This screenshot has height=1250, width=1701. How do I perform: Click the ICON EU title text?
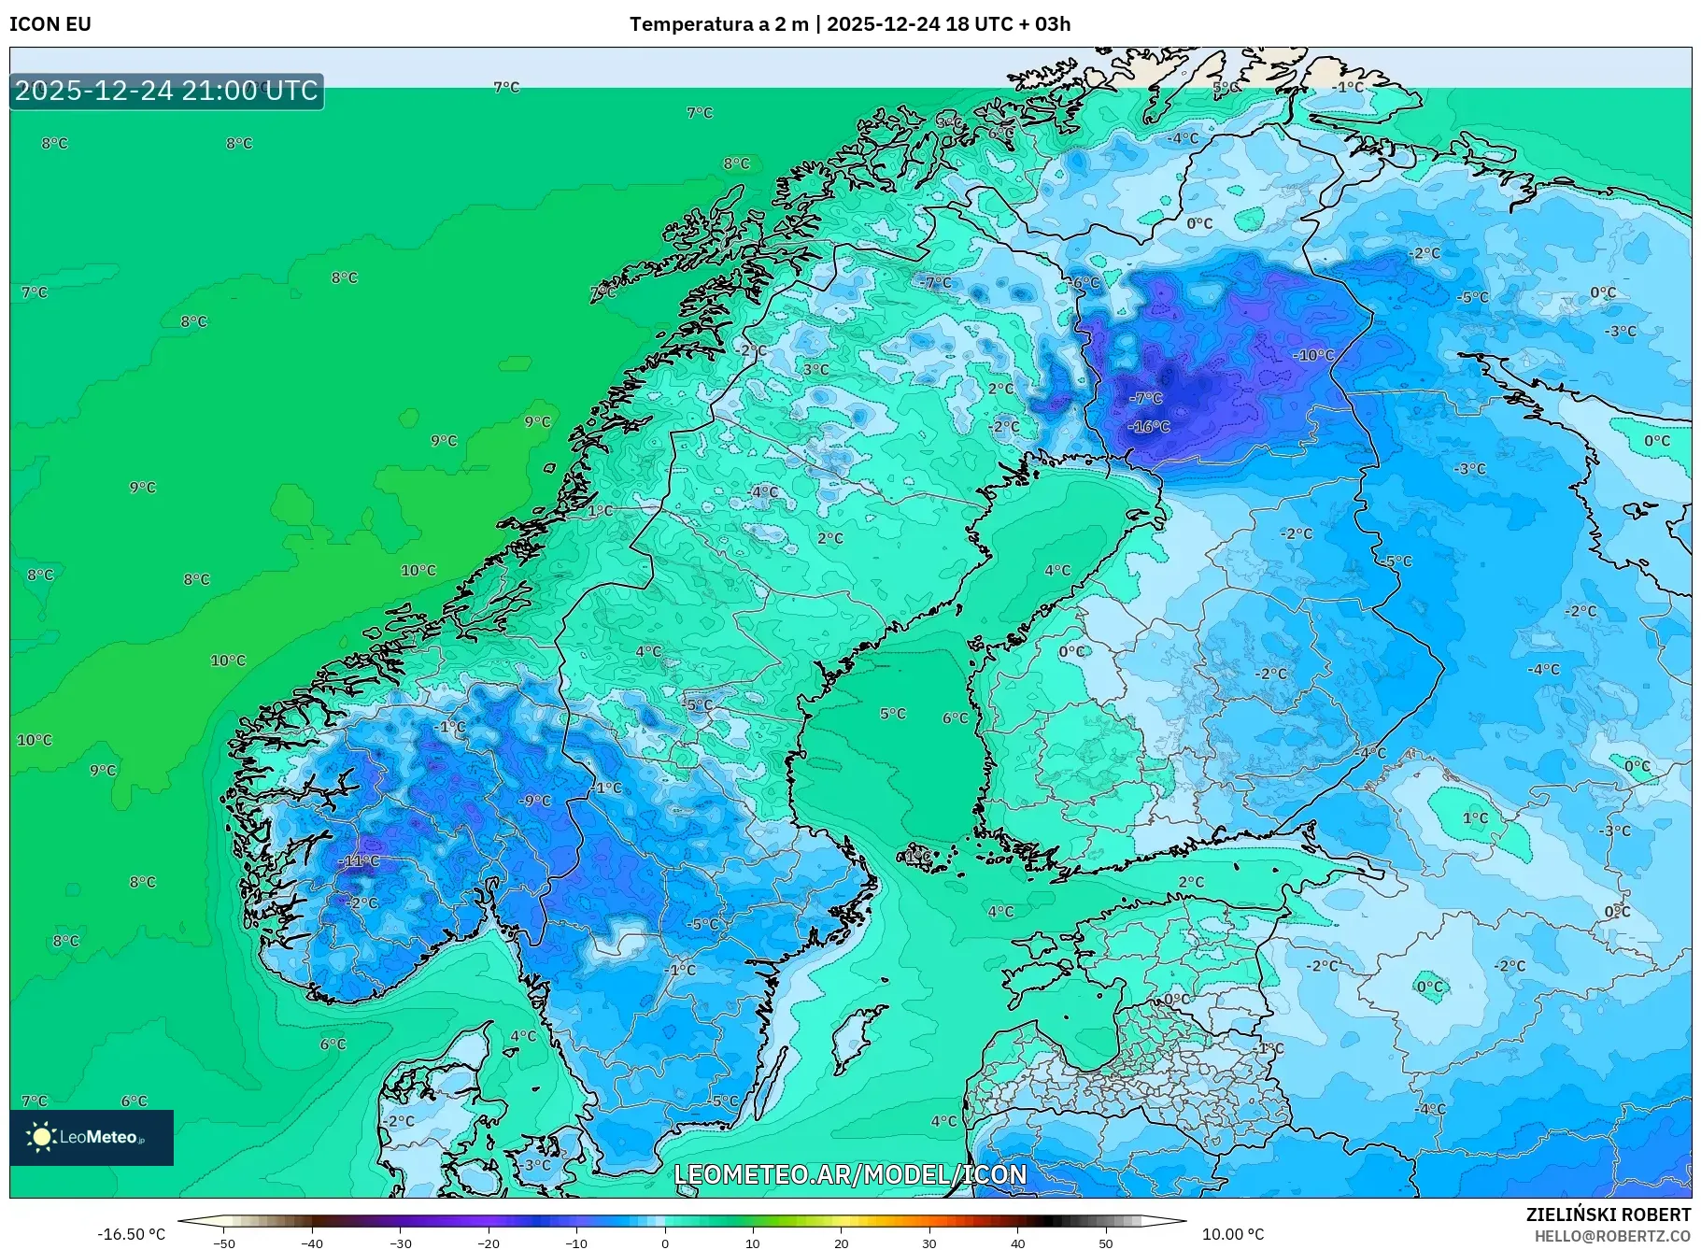point(50,24)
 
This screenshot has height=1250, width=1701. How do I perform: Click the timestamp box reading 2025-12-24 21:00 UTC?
point(166,91)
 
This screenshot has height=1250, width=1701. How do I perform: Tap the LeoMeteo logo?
point(91,1137)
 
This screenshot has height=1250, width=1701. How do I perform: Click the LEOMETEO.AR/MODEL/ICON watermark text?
point(850,1174)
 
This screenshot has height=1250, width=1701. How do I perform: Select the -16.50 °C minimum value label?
point(131,1234)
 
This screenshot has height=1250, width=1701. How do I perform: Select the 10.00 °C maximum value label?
point(1232,1234)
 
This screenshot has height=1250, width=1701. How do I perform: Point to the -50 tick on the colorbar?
point(224,1243)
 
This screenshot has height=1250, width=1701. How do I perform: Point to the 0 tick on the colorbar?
point(664,1243)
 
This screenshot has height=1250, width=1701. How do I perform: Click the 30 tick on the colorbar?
point(928,1243)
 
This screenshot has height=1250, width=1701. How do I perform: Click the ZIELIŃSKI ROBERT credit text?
point(1608,1214)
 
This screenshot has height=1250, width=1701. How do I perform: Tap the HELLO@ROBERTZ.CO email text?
point(1612,1236)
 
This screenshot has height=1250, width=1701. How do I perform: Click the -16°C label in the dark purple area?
point(1149,426)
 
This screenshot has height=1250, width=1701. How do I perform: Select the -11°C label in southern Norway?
point(361,860)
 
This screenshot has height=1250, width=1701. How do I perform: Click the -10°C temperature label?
point(1313,355)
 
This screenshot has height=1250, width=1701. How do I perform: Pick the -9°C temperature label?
point(535,801)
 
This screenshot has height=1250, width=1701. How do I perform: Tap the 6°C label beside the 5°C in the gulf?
point(956,717)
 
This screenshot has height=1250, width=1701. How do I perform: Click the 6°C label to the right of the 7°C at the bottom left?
point(134,1101)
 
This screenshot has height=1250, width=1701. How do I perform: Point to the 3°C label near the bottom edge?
point(537,1165)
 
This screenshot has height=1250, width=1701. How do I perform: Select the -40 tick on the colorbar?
point(312,1243)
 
